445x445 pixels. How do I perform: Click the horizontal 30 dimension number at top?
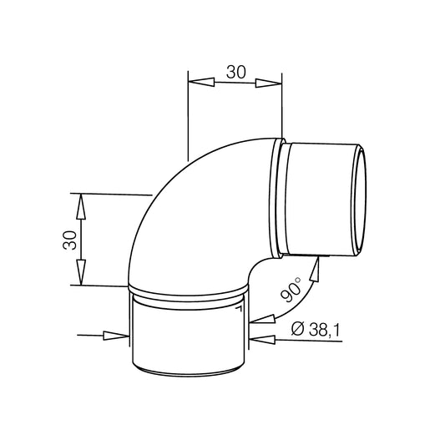pos(235,72)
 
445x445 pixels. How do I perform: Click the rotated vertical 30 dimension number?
pos(69,240)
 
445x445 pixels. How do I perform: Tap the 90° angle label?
pos(291,290)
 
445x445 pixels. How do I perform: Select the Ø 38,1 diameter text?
pos(315,330)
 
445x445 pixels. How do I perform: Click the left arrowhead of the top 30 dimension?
pos(201,82)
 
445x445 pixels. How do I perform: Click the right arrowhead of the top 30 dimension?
pos(269,83)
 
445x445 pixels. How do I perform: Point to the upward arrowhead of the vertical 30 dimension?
pos(81,206)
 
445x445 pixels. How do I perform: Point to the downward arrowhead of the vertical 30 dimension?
pos(82,272)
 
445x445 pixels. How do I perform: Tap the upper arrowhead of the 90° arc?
pos(315,269)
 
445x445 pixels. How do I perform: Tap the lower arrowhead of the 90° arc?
pos(263,319)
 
